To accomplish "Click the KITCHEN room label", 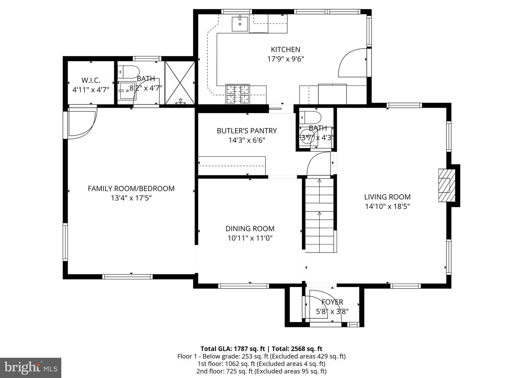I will [x=285, y=49].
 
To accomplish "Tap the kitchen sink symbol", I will [x=240, y=24].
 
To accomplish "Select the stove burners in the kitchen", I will [x=238, y=94].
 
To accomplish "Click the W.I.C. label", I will [x=91, y=80].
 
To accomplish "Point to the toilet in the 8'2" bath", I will [x=129, y=71].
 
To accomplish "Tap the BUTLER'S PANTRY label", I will [x=247, y=131].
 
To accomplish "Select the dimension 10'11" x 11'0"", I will [x=250, y=238].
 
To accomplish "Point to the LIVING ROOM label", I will [x=387, y=197].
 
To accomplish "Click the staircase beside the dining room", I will [x=319, y=215].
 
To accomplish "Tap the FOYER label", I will [x=332, y=302].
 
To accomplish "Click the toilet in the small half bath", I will [x=311, y=118].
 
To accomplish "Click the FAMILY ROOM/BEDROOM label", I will [x=131, y=188].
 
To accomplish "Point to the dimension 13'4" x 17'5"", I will [x=131, y=198].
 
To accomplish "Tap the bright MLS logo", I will [x=31, y=367].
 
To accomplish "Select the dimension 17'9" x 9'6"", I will [x=285, y=59].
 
